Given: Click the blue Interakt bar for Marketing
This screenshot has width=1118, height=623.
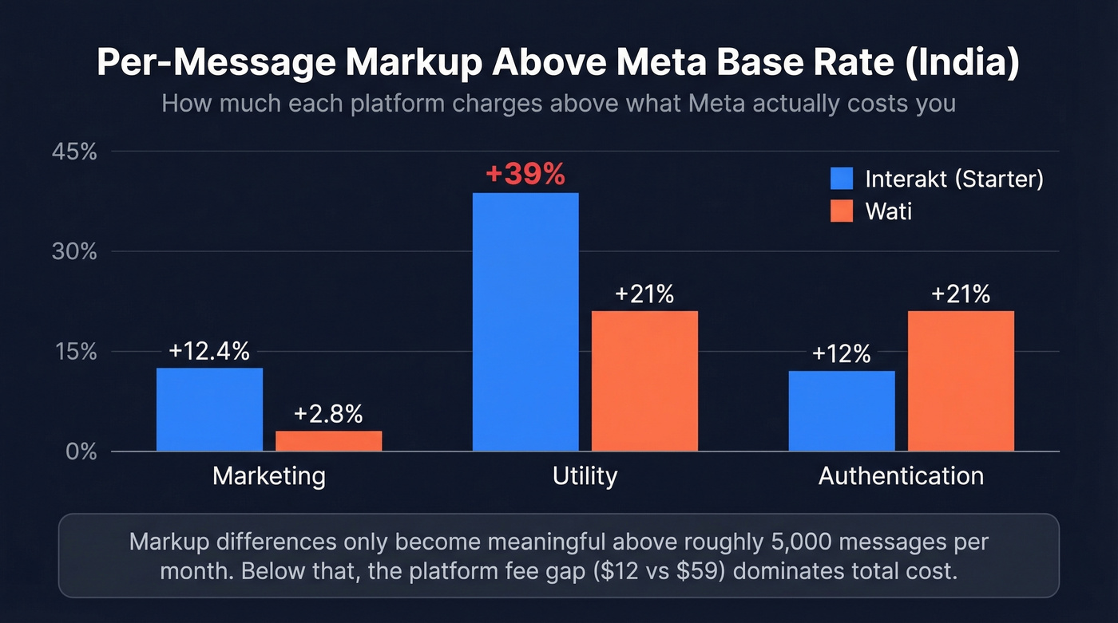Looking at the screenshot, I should coord(209,409).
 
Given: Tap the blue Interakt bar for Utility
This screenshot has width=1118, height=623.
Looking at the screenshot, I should coord(525,321).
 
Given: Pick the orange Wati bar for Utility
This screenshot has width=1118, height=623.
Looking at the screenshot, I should coord(644,381).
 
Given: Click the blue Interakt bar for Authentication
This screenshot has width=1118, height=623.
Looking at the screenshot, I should coord(842,411).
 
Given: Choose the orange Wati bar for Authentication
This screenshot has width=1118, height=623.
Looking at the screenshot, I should coord(961,381).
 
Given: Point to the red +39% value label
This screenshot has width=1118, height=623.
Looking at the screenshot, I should coord(525,174).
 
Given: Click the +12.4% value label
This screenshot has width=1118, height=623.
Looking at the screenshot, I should coord(209,351).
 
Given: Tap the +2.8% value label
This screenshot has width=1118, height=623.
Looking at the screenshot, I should coord(328,414).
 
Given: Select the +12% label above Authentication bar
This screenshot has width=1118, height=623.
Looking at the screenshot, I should coord(841,354).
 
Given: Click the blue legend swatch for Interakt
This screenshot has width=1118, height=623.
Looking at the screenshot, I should coord(842,178).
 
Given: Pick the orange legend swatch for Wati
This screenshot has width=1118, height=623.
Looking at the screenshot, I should coord(842,211).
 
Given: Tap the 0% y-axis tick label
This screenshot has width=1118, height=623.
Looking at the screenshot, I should coord(81,451).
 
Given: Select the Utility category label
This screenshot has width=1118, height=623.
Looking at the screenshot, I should coord(585,476).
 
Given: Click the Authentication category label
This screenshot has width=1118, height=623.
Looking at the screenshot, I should coord(901,476).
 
